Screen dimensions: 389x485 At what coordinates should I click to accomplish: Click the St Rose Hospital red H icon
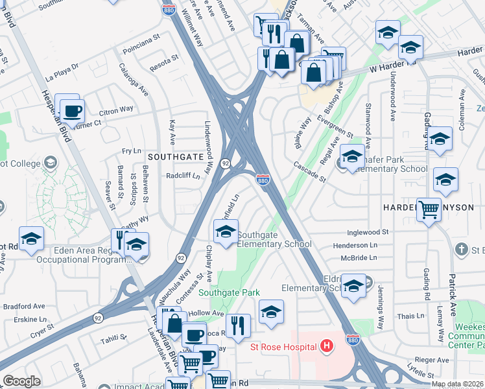point(326,346)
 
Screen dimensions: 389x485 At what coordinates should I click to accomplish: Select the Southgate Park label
point(229,292)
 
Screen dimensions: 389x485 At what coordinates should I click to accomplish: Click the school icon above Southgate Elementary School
point(226,233)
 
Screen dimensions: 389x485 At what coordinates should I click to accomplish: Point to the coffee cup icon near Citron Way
point(73,111)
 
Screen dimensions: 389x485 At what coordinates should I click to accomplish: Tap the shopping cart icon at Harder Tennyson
point(429,210)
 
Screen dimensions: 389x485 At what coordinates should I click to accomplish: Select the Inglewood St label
point(368,231)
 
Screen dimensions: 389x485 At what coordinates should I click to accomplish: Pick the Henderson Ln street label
point(355,246)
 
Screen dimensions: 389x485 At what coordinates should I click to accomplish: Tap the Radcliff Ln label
point(182,175)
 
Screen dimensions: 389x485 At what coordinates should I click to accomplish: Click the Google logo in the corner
point(21,381)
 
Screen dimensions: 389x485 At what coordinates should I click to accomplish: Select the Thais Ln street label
point(410,316)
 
